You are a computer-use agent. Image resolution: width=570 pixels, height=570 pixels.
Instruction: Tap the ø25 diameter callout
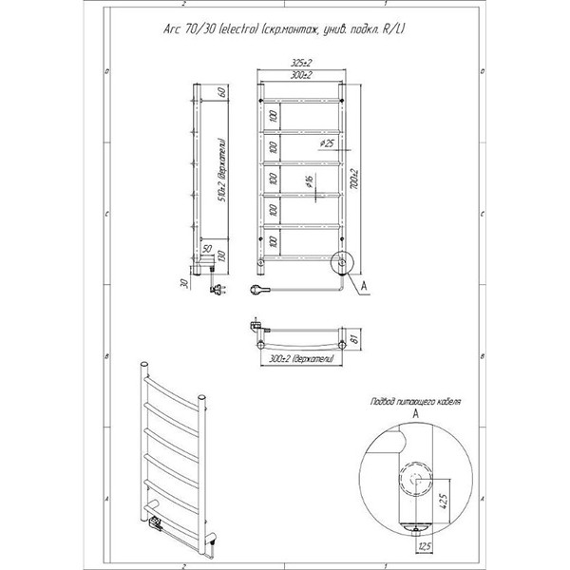click(x=326, y=143)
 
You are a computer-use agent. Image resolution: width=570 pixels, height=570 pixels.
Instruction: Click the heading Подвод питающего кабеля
click(x=415, y=402)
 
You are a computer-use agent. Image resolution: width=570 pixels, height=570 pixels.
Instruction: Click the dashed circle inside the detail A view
click(x=414, y=480)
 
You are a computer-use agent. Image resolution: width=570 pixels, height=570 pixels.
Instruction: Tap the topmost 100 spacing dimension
click(x=272, y=116)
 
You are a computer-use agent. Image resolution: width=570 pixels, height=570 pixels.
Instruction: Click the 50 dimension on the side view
click(x=206, y=248)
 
